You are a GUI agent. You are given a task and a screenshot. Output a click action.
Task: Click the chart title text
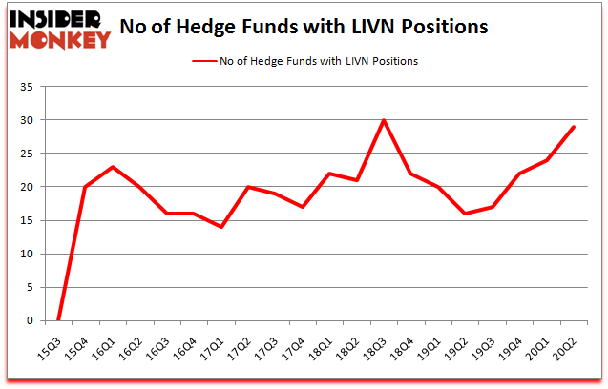(304, 26)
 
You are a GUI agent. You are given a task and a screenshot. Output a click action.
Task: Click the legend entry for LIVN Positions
(304, 61)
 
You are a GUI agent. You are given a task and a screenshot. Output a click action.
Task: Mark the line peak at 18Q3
(385, 120)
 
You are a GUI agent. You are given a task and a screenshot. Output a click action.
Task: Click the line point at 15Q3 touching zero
(58, 320)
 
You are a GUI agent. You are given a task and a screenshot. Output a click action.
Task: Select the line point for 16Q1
(113, 167)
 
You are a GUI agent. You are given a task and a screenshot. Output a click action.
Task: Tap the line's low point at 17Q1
(221, 227)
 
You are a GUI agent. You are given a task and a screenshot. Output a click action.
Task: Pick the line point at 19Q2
(466, 214)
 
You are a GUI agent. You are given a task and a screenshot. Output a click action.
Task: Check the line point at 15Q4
(86, 187)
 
